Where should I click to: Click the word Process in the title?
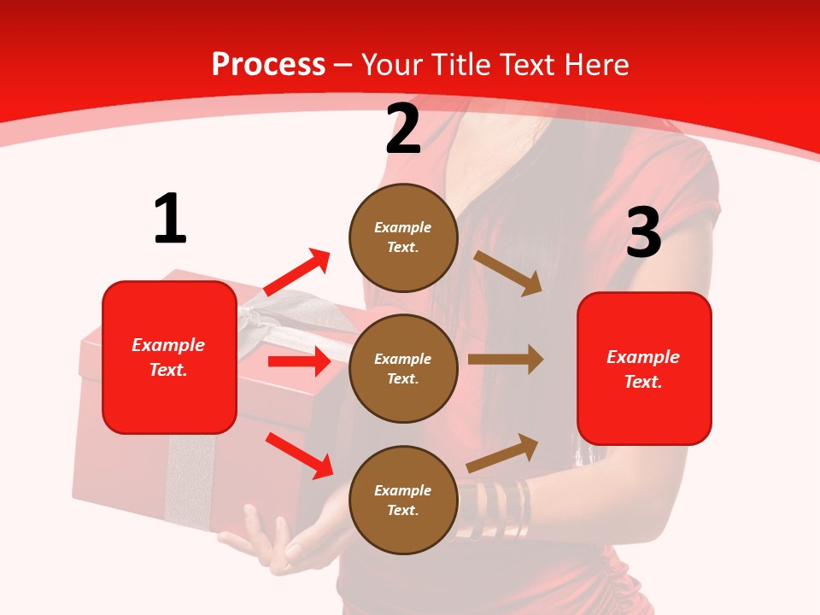(x=268, y=65)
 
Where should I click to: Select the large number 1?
(x=170, y=220)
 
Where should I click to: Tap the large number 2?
(x=403, y=130)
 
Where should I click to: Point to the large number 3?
(x=643, y=233)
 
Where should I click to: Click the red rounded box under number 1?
(x=169, y=357)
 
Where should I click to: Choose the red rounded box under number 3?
(x=644, y=368)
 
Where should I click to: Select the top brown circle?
(x=403, y=237)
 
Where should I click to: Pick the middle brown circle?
(x=403, y=368)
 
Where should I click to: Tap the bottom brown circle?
(x=403, y=500)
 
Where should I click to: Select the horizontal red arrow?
(x=299, y=361)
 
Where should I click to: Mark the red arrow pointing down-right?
(x=299, y=455)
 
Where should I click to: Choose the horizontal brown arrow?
(x=506, y=360)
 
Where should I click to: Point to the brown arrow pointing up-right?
(x=503, y=454)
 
